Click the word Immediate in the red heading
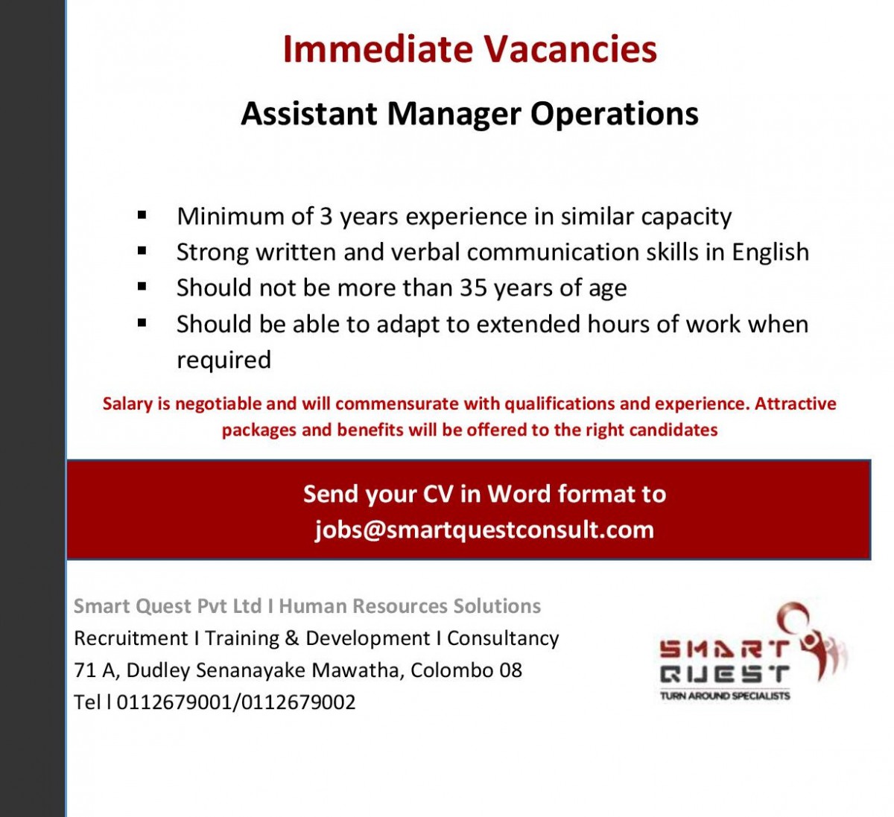pyautogui.click(x=378, y=48)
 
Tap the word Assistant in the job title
pyautogui.click(x=309, y=114)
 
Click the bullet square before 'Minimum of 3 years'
pyautogui.click(x=142, y=216)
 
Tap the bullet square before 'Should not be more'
pyautogui.click(x=142, y=287)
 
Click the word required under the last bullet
pyautogui.click(x=223, y=360)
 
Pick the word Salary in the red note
pyautogui.click(x=127, y=404)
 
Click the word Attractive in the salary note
pyautogui.click(x=795, y=404)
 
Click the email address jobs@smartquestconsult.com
pyautogui.click(x=484, y=530)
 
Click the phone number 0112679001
pyautogui.click(x=174, y=702)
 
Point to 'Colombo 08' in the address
pyautogui.click(x=466, y=670)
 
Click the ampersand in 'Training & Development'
pyautogui.click(x=291, y=638)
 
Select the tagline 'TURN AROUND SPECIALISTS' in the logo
pyautogui.click(x=725, y=696)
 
